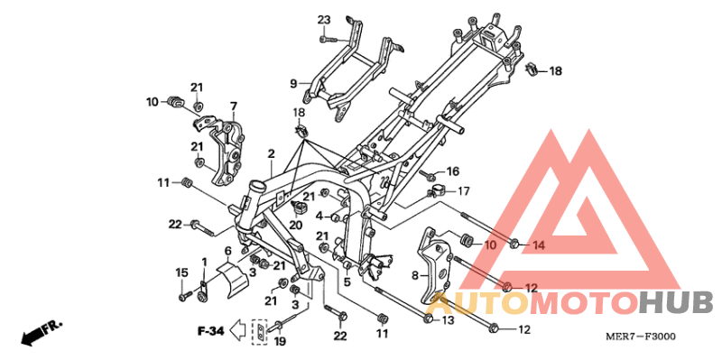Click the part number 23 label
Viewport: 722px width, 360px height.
[324, 20]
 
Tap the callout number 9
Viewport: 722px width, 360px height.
[293, 84]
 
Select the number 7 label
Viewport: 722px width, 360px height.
[233, 106]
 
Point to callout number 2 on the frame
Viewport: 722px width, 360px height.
[271, 155]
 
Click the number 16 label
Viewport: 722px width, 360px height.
[452, 171]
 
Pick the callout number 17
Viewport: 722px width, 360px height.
[463, 190]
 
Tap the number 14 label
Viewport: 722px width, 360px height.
[538, 245]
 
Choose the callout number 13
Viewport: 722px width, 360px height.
[448, 319]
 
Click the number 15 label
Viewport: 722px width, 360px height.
[181, 272]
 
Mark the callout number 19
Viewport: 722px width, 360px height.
[280, 341]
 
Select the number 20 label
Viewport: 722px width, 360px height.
[295, 225]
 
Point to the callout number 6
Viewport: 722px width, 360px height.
[228, 251]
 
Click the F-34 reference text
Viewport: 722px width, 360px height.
[211, 331]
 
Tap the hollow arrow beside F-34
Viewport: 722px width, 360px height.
[237, 331]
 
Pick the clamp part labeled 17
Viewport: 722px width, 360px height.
[438, 192]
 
